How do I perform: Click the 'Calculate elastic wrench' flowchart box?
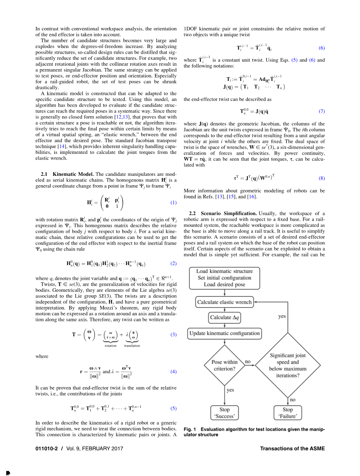(x=224, y=302)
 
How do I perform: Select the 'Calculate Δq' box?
(x=225, y=318)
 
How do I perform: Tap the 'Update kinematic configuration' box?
(x=225, y=333)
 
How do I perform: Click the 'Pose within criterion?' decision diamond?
(x=225, y=365)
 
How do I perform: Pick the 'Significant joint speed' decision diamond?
(x=288, y=365)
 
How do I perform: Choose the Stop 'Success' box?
(x=225, y=413)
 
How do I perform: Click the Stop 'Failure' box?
(x=287, y=413)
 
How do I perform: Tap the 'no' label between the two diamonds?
(x=248, y=362)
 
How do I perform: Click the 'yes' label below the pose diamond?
(x=230, y=389)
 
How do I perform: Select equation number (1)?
(x=173, y=202)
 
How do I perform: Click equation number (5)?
(x=173, y=408)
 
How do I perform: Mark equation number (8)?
(x=321, y=178)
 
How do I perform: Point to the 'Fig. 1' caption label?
(x=189, y=429)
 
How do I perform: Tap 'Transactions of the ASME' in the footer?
(x=292, y=448)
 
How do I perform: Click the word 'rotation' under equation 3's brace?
(x=110, y=346)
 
